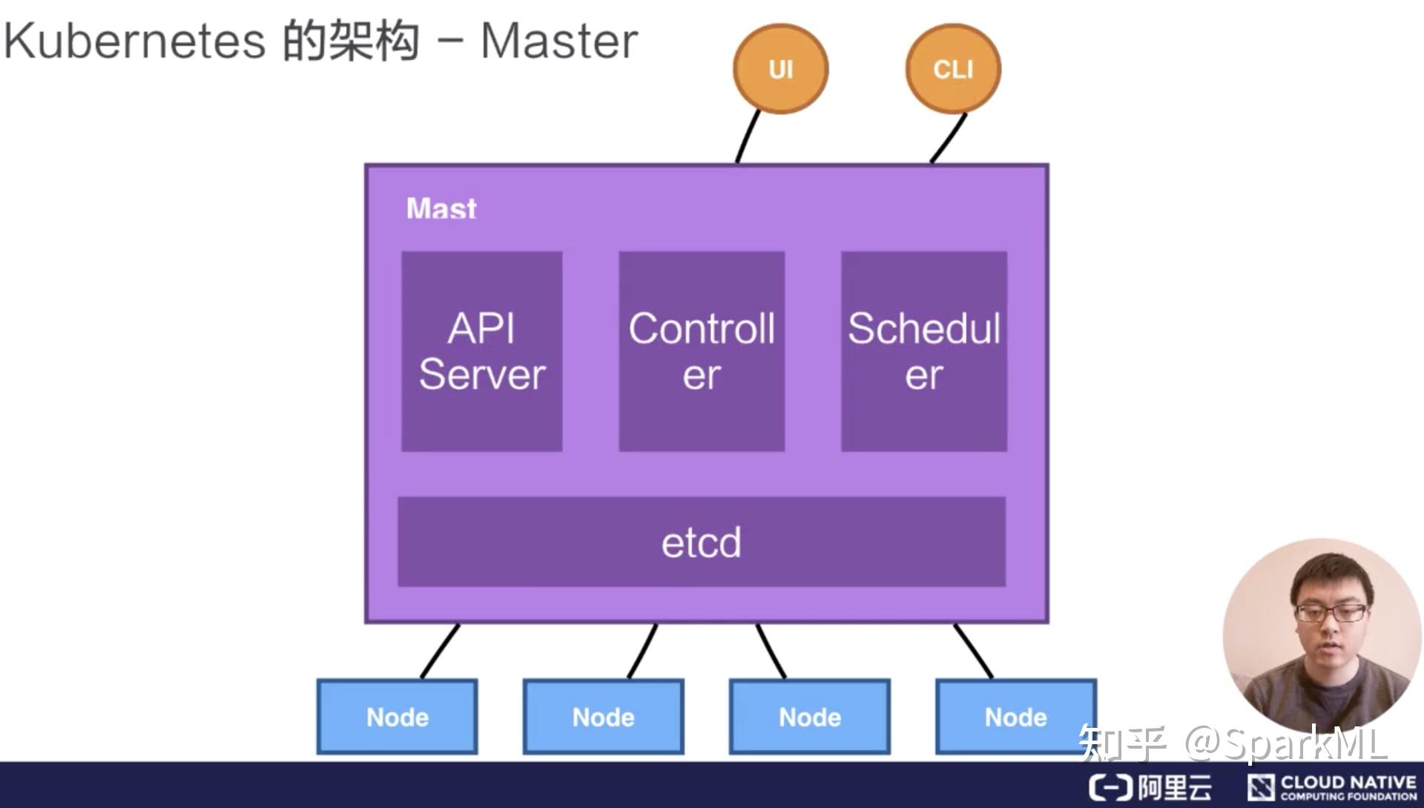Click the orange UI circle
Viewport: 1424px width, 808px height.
pos(780,68)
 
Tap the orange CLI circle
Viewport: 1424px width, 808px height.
pos(953,68)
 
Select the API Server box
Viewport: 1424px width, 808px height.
pos(481,351)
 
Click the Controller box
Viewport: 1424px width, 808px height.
pos(702,351)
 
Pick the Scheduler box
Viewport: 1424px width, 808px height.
pos(923,351)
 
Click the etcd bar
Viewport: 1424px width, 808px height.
pos(701,542)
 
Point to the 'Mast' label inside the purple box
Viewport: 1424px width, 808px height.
pos(441,208)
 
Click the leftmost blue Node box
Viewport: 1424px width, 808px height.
pos(397,717)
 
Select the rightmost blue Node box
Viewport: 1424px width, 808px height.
pos(1015,717)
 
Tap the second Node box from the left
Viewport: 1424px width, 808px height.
pos(603,717)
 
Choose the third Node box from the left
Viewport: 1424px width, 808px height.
pos(809,717)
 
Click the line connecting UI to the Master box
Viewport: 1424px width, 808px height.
pos(748,137)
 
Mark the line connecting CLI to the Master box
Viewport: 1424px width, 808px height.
pos(949,138)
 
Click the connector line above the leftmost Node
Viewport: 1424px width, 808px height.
pos(441,651)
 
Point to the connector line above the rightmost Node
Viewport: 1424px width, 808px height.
pos(973,651)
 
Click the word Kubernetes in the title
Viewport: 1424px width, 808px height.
pos(134,41)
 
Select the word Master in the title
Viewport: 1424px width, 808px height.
pos(558,41)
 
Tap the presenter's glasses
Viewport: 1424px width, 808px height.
pos(1331,613)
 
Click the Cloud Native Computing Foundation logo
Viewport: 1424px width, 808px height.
pos(1332,787)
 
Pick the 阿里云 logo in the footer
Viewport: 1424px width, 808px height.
pos(1150,787)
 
